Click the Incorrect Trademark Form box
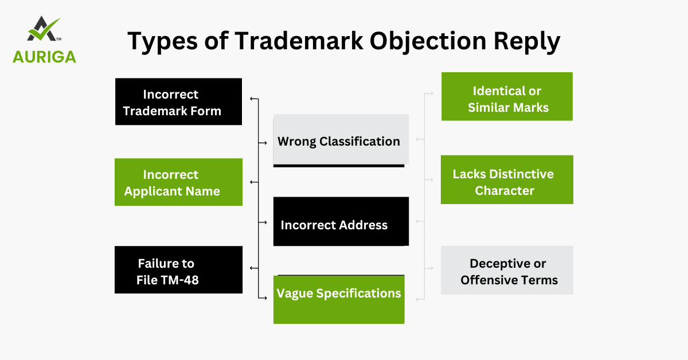(178, 101)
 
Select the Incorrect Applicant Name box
(178, 182)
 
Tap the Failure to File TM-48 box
(178, 270)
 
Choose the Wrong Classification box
(341, 140)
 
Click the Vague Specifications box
(339, 299)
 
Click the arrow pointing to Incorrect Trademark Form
(253, 99)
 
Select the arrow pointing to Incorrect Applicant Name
(253, 182)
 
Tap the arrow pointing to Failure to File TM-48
(253, 268)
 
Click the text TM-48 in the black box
(178, 280)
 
